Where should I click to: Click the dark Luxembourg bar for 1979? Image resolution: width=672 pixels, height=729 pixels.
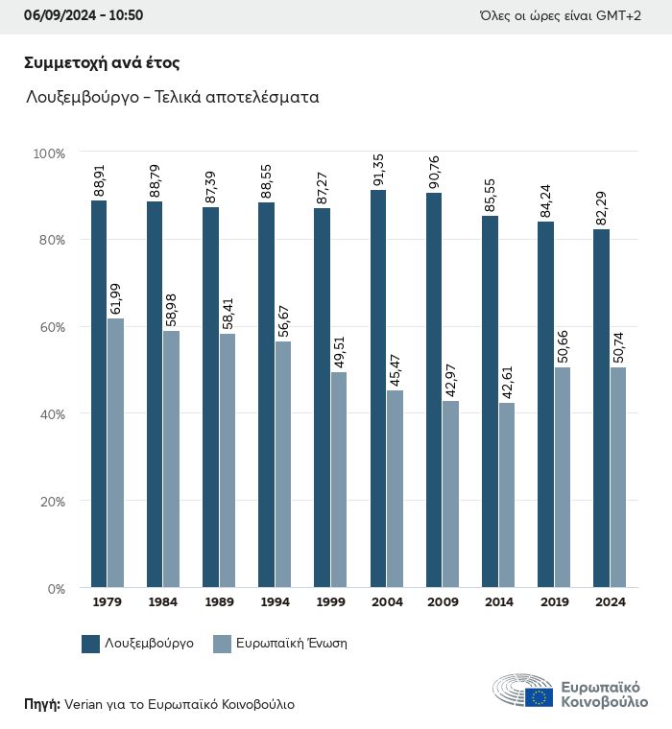pyautogui.click(x=99, y=393)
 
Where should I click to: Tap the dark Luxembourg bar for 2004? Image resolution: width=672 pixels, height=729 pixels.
pyautogui.click(x=378, y=388)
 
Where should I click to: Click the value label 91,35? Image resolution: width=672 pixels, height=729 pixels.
pyautogui.click(x=379, y=172)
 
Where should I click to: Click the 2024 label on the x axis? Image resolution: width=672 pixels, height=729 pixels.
pyautogui.click(x=610, y=602)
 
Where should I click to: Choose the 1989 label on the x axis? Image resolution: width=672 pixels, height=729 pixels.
pyautogui.click(x=219, y=602)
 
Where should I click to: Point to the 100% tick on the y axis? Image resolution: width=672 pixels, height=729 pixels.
pyautogui.click(x=49, y=153)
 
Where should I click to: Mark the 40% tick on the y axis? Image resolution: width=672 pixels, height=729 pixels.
pyautogui.click(x=51, y=414)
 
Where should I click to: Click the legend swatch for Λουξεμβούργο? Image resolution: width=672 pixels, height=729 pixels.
pyautogui.click(x=91, y=644)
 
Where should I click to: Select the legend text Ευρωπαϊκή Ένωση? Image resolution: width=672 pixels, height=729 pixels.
pyautogui.click(x=291, y=644)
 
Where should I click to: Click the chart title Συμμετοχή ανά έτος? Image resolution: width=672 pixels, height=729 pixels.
pyautogui.click(x=102, y=63)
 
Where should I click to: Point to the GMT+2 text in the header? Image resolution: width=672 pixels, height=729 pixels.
pyautogui.click(x=619, y=15)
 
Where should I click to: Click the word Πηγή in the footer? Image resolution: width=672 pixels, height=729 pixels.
pyautogui.click(x=41, y=704)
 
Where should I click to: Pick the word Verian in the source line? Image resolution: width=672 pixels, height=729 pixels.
pyautogui.click(x=86, y=704)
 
